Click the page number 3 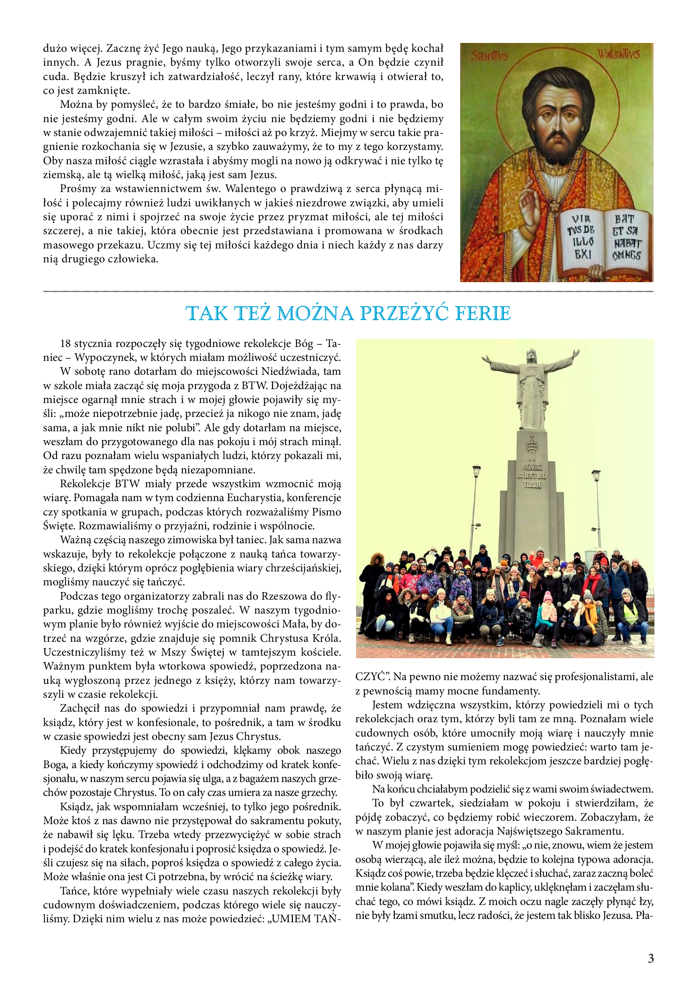pyautogui.click(x=651, y=958)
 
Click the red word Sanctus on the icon pyautogui.click(x=489, y=55)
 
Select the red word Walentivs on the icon pyautogui.click(x=619, y=53)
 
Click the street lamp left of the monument pyautogui.click(x=476, y=472)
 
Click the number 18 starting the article pyautogui.click(x=65, y=344)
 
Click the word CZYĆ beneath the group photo pyautogui.click(x=370, y=677)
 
